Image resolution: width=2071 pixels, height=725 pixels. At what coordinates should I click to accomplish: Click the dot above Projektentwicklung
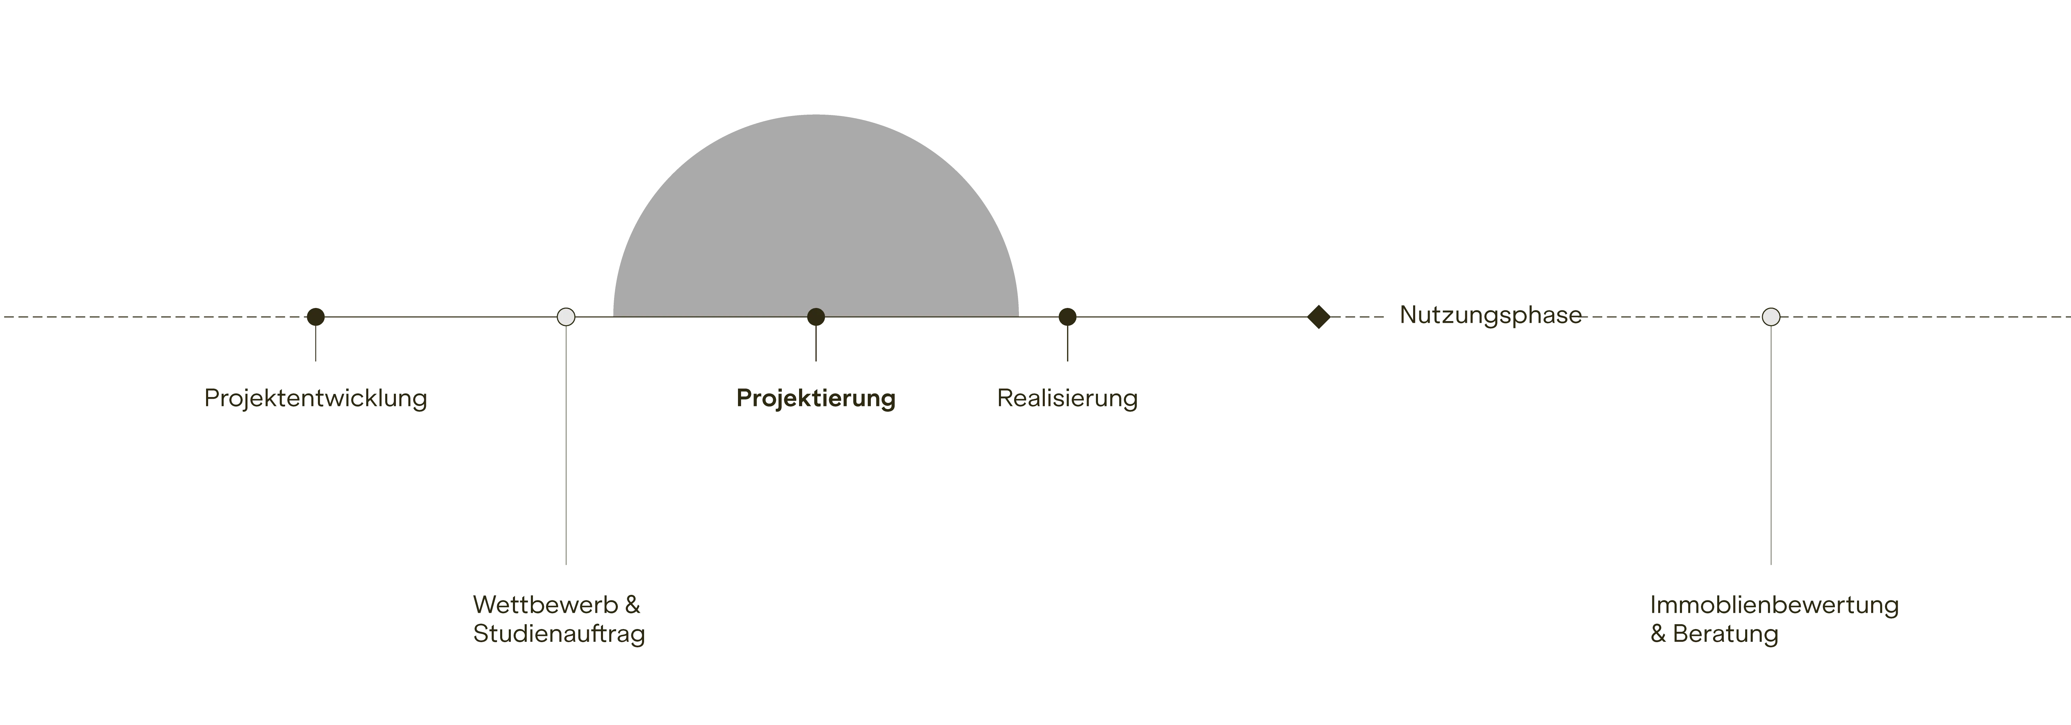point(316,317)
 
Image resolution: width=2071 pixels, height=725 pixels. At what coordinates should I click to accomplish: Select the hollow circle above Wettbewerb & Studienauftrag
point(566,317)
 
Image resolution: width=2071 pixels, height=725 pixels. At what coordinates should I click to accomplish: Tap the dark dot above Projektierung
point(816,317)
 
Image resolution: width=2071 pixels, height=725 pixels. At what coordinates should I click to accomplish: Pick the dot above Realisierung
point(1068,317)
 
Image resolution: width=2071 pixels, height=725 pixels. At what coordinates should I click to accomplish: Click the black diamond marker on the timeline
point(1319,317)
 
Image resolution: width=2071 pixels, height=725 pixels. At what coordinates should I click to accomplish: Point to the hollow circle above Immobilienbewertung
point(1771,317)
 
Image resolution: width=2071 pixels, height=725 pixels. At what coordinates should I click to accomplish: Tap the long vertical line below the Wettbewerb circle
point(566,444)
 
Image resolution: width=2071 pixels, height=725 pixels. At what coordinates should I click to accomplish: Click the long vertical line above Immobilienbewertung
point(1771,444)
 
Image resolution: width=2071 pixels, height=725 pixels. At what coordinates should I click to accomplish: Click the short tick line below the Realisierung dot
point(1068,343)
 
